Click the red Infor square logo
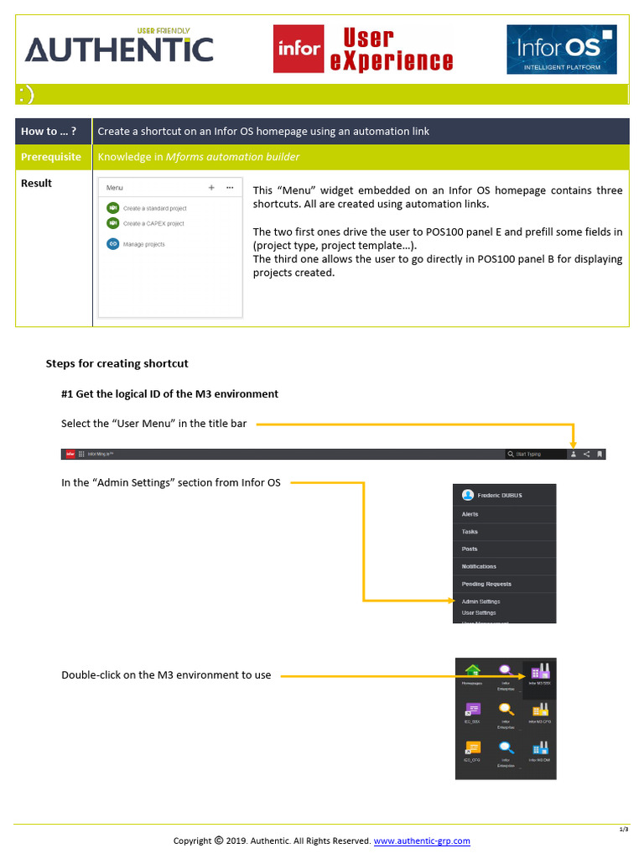299,48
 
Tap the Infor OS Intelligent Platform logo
561,49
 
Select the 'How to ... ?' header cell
54,131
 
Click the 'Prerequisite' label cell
54,157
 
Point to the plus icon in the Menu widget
211,188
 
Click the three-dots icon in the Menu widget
230,188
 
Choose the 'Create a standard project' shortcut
154,208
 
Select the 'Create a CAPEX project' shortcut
153,224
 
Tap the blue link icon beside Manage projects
112,244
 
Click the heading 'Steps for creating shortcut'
117,363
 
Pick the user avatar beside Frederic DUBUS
467,495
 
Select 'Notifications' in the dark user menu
479,566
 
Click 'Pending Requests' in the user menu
486,584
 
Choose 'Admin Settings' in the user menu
480,601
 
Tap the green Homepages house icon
472,670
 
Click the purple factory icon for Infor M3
539,670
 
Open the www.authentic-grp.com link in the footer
422,841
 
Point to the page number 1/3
624,830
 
